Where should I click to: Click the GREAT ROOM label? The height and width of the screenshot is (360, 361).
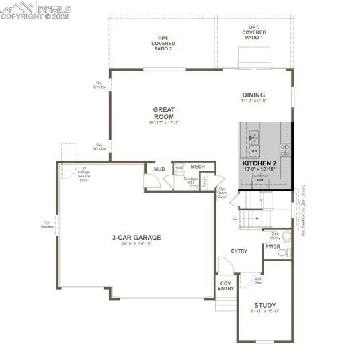click(164, 113)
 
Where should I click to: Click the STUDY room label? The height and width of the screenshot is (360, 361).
click(265, 305)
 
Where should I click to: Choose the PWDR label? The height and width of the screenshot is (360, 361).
click(272, 247)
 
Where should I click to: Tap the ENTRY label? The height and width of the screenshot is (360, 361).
click(239, 251)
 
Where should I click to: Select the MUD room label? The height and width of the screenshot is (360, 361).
click(159, 169)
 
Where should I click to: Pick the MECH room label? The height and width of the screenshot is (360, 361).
click(197, 166)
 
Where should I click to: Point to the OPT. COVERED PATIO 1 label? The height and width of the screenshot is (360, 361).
click(254, 32)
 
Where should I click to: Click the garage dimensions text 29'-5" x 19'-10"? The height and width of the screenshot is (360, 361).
click(136, 244)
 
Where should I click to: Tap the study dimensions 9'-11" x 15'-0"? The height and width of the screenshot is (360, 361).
click(265, 311)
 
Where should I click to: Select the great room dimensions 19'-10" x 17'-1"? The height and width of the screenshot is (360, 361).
click(164, 123)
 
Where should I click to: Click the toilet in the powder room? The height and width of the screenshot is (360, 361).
click(284, 251)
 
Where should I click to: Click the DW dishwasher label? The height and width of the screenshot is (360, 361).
click(254, 151)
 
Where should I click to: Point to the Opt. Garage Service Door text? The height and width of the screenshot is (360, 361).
click(84, 174)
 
